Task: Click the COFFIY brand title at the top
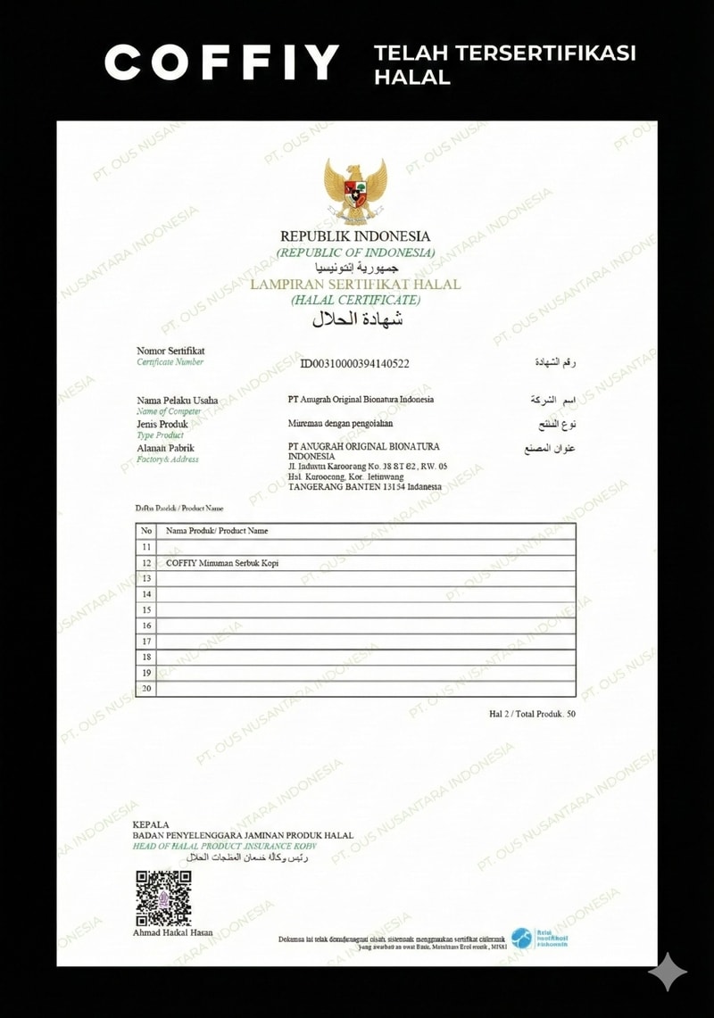(221, 62)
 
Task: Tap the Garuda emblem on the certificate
(355, 191)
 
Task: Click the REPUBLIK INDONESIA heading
(355, 236)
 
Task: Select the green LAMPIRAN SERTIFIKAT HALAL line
(355, 285)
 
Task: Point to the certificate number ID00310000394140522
(354, 363)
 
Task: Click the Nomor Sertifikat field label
(170, 351)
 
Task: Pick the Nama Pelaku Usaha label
(177, 401)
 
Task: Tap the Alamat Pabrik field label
(165, 448)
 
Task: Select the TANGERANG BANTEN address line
(365, 487)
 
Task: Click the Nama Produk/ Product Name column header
(217, 531)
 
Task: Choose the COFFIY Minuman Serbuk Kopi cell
(222, 563)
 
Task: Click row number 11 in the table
(146, 547)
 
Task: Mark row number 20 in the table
(146, 689)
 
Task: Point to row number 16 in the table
(146, 625)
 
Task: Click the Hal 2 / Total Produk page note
(532, 714)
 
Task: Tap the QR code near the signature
(163, 898)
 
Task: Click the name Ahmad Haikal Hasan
(173, 932)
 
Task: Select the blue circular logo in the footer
(520, 939)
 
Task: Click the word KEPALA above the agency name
(151, 824)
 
